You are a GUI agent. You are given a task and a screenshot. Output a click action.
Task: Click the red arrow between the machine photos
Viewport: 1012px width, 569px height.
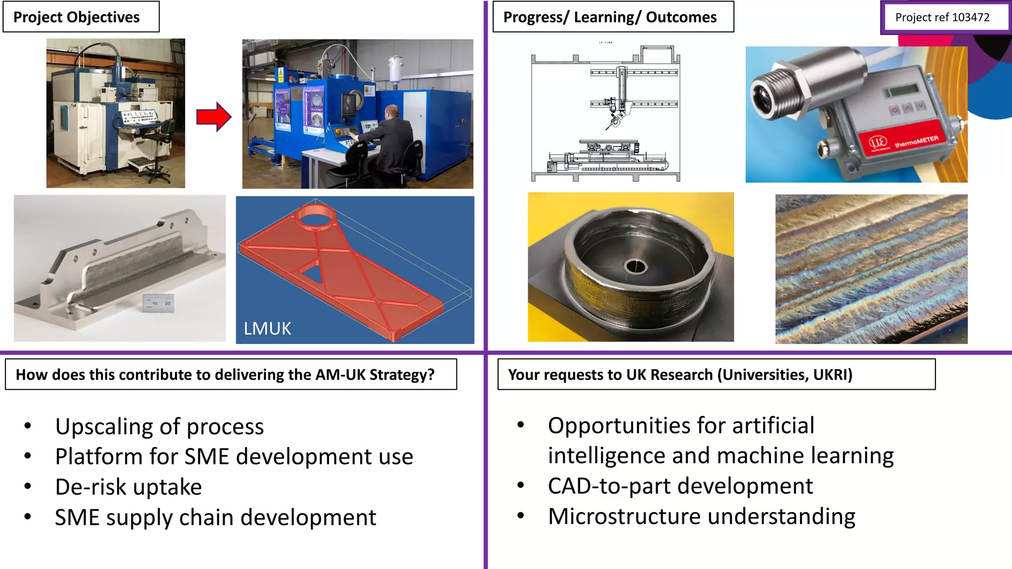point(213,117)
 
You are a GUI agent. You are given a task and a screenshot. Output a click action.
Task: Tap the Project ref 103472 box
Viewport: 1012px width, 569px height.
point(942,18)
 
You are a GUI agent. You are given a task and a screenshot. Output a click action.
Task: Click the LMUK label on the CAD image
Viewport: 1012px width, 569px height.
point(267,329)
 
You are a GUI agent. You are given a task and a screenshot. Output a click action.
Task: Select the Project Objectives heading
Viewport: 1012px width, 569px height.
point(77,17)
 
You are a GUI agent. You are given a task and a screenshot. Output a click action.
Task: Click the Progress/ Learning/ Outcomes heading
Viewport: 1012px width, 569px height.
point(609,17)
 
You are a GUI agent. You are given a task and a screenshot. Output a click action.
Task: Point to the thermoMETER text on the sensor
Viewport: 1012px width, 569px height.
point(917,142)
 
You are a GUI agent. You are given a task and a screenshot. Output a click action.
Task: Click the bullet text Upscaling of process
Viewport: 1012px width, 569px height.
point(159,427)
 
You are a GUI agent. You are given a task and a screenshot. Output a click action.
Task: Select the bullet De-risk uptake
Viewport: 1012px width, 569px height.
point(128,488)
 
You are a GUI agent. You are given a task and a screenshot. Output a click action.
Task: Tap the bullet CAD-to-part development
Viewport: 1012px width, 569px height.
point(680,487)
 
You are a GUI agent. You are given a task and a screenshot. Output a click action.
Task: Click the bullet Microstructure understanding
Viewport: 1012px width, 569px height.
point(701,517)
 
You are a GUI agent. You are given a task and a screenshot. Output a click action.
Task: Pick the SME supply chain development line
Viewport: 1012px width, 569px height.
point(215,518)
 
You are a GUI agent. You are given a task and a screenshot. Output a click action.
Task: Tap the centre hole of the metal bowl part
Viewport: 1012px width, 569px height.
point(636,267)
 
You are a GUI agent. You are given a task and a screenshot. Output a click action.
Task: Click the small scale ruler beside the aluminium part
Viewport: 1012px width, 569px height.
point(158,302)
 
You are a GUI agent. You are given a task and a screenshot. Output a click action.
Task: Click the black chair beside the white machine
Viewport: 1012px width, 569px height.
point(161,148)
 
